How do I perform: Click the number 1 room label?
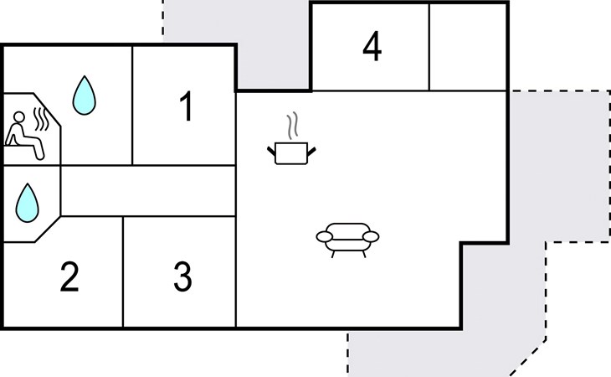pos(186,107)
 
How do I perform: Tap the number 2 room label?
pos(69,277)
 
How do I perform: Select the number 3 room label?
pos(182,277)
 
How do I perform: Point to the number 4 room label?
pos(372,48)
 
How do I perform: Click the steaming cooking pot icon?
pos(292,152)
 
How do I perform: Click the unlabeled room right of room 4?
pos(468,48)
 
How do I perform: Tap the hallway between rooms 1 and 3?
pos(147,190)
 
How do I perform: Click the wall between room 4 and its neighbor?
pos(429,48)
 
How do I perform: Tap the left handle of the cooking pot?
pos(272,150)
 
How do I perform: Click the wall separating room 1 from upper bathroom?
pos(133,106)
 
